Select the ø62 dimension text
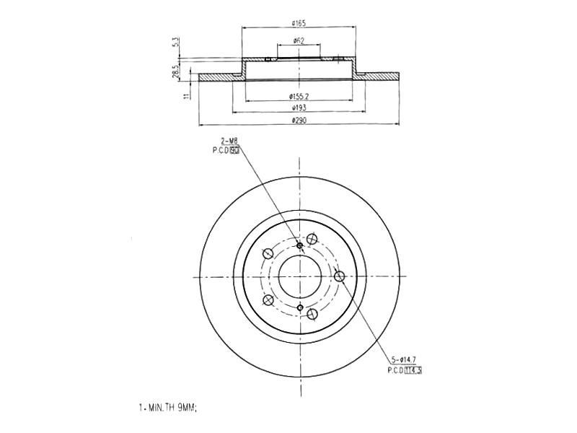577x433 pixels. [x=297, y=40]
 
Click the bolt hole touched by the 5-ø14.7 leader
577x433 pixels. [x=340, y=276]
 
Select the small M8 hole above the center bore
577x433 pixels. [x=300, y=246]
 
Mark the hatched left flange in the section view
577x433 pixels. [x=219, y=76]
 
